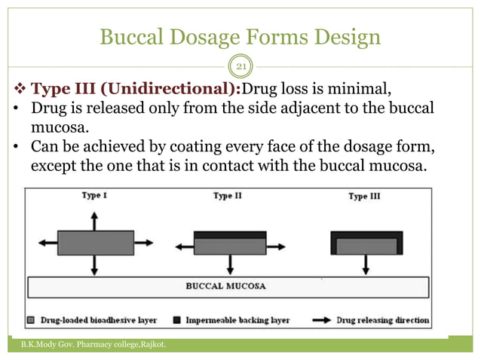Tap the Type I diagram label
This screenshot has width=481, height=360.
point(93,196)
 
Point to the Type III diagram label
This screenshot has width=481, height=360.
point(366,197)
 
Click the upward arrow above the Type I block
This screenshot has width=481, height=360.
point(94,221)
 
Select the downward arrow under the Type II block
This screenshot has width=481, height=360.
point(229,264)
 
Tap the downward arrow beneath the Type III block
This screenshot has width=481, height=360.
point(366,264)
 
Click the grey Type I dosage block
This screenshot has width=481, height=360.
point(94,243)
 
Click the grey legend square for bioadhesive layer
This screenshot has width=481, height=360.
point(31,320)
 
